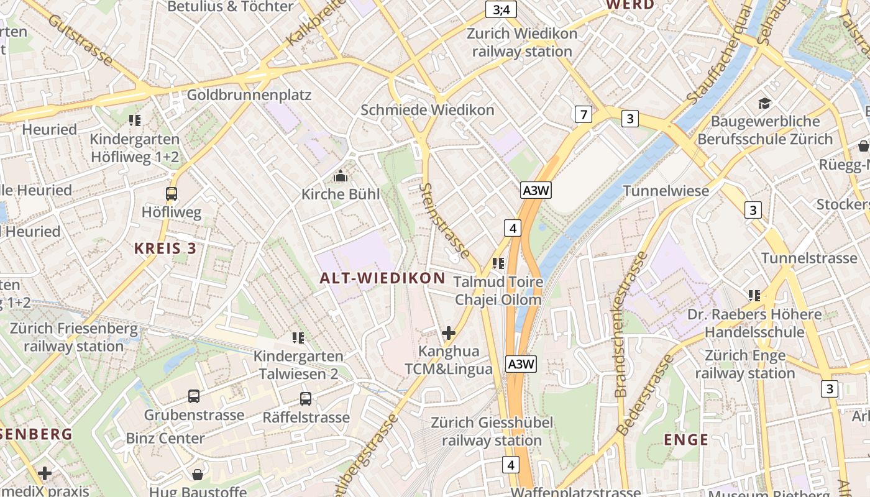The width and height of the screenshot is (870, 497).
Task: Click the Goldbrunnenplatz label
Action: click(249, 95)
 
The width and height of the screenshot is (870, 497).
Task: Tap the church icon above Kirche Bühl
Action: click(340, 176)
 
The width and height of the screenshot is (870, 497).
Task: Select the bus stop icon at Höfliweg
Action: click(172, 194)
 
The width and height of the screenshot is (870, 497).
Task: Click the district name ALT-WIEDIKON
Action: click(383, 278)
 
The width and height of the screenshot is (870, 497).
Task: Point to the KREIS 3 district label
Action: click(165, 248)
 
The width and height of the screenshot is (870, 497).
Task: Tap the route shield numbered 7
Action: click(582, 114)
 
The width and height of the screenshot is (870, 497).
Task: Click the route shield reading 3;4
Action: click(501, 9)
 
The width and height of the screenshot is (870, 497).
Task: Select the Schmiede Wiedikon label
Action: click(428, 110)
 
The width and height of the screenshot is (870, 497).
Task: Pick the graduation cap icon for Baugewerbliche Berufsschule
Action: click(764, 103)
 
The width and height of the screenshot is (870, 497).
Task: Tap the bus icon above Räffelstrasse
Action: click(305, 399)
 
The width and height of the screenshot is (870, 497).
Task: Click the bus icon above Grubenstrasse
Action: click(194, 396)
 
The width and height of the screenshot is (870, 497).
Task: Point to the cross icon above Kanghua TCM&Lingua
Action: click(448, 333)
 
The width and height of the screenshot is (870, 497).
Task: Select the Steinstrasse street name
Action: click(445, 221)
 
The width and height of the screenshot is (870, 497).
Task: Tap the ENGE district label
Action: click(686, 440)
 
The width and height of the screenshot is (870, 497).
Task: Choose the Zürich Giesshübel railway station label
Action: click(492, 432)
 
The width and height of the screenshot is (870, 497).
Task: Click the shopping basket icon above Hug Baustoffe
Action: click(198, 475)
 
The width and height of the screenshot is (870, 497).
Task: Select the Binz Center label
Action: click(165, 438)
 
